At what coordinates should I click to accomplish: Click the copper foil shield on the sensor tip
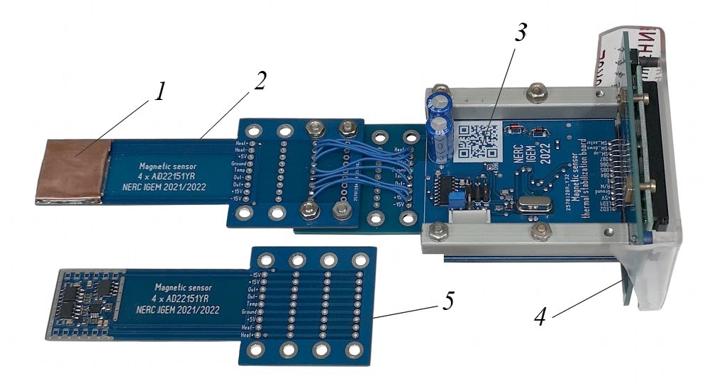[75, 172]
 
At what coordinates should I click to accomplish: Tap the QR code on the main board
[476, 143]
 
